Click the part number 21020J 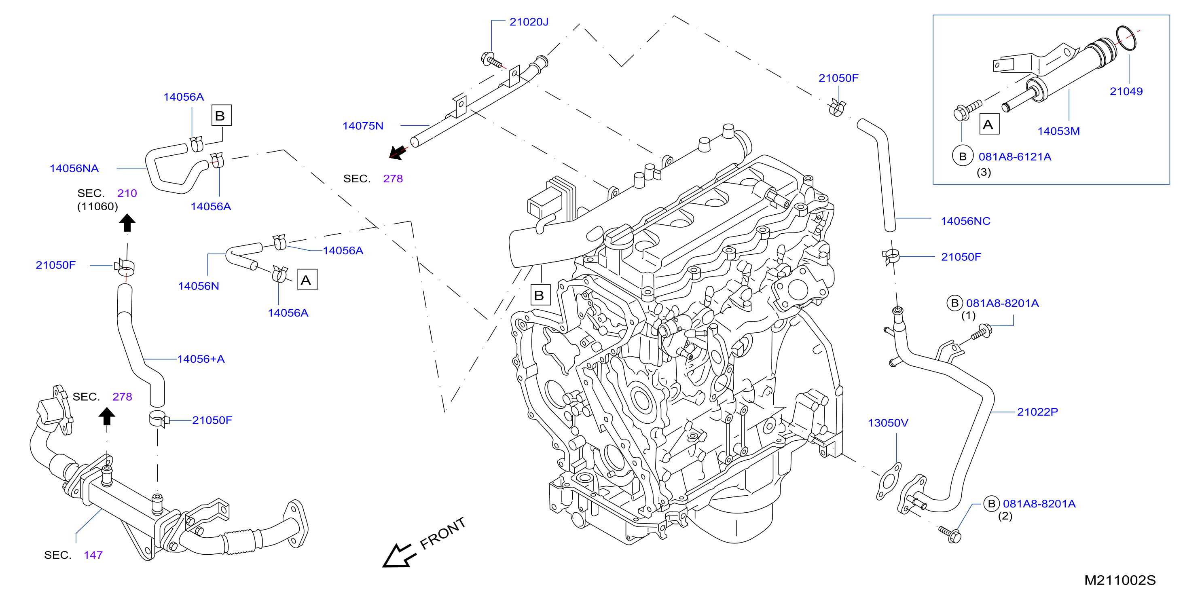click(529, 22)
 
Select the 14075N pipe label click(363, 126)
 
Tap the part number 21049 click(1126, 91)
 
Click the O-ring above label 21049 click(1126, 38)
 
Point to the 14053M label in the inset click(1058, 131)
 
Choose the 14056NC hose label click(965, 221)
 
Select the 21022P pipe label click(1038, 412)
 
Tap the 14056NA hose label click(74, 169)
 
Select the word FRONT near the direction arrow click(442, 533)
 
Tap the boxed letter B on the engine click(540, 295)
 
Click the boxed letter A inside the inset click(989, 124)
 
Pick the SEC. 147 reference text click(73, 555)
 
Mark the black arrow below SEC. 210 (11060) click(127, 223)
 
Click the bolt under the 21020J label click(492, 60)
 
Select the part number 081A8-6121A click(1015, 157)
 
